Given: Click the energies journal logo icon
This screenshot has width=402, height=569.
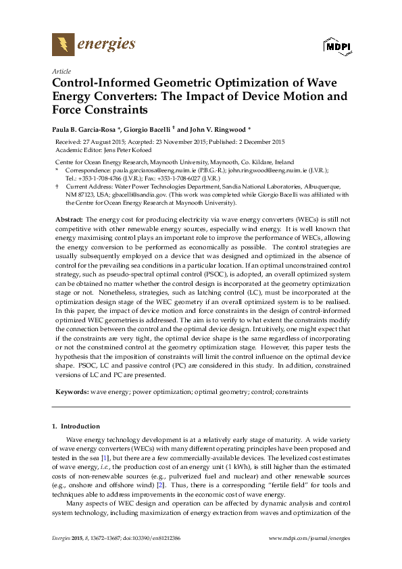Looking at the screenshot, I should (x=64, y=46).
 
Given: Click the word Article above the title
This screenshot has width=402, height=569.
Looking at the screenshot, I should (x=61, y=71).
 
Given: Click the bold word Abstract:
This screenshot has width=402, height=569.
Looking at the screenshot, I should (x=69, y=220).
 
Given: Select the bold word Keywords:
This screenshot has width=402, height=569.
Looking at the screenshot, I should (x=71, y=391).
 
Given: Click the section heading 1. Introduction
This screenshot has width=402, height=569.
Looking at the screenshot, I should (x=76, y=427).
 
